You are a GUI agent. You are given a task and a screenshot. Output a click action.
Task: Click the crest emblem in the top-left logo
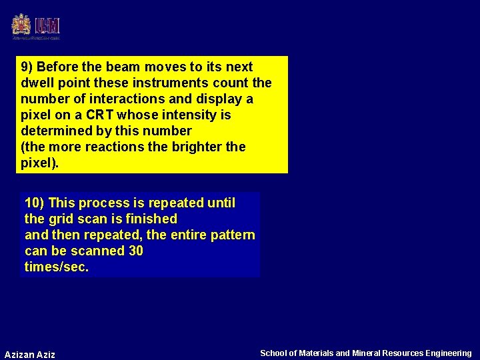coord(21,25)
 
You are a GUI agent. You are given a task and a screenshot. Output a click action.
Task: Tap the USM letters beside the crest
coord(47,26)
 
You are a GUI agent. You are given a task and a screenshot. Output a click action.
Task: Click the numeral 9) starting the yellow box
coord(27,67)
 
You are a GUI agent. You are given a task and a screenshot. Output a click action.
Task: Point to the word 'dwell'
coord(37,83)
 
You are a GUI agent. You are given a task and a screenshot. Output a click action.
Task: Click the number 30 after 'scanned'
coord(135,251)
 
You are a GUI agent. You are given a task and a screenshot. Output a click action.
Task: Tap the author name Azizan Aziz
coord(30,354)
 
